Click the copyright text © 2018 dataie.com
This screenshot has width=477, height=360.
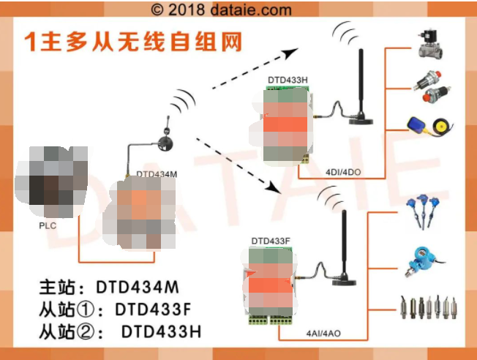pyautogui.click(x=221, y=10)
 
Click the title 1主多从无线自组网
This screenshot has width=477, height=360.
pyautogui.click(x=133, y=41)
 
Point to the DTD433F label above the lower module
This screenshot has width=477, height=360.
pyautogui.click(x=271, y=240)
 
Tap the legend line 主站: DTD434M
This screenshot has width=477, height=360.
pyautogui.click(x=108, y=286)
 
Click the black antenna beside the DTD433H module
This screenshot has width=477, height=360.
pyautogui.click(x=360, y=84)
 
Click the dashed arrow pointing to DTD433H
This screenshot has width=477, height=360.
pyautogui.click(x=256, y=70)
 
